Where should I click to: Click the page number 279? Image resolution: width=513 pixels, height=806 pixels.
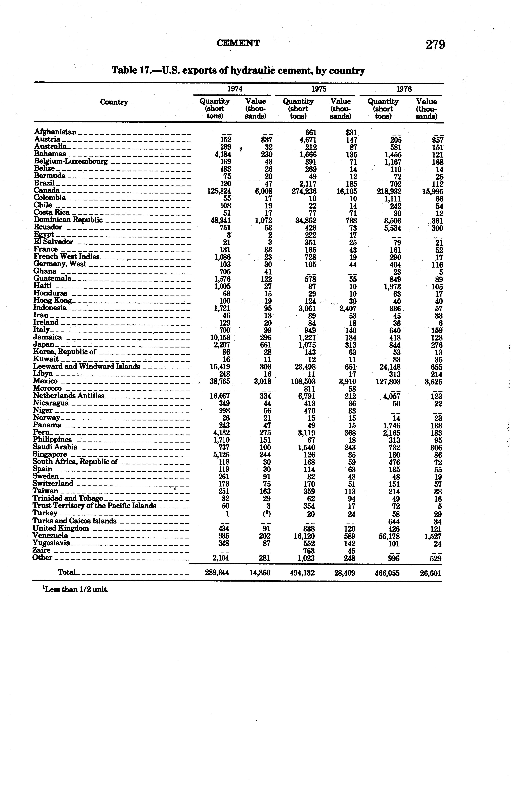[x=435, y=45]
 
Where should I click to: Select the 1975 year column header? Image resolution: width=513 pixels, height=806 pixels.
[x=319, y=89]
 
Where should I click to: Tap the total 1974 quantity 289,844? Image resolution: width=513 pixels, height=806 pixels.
[x=217, y=573]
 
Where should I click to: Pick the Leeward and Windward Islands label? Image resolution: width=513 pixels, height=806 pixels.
[x=86, y=367]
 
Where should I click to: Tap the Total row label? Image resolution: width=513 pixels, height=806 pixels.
[x=67, y=572]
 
